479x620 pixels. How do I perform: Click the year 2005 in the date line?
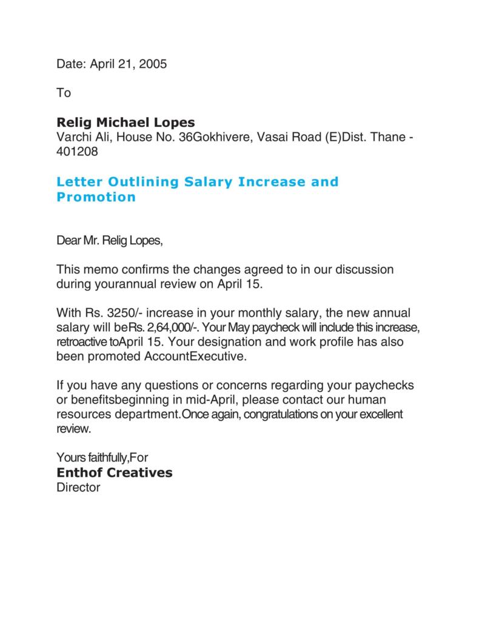click(x=153, y=64)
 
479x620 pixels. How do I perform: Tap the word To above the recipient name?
click(x=64, y=93)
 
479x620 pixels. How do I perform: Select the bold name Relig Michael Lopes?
click(x=126, y=123)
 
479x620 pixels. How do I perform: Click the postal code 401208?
click(x=77, y=152)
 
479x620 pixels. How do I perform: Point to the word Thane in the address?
click(x=389, y=137)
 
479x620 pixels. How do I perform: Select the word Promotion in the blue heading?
click(x=96, y=197)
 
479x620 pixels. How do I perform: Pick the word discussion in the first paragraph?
click(x=360, y=269)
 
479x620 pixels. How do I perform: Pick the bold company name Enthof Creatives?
click(x=114, y=472)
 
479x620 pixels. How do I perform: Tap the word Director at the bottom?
click(x=78, y=487)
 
